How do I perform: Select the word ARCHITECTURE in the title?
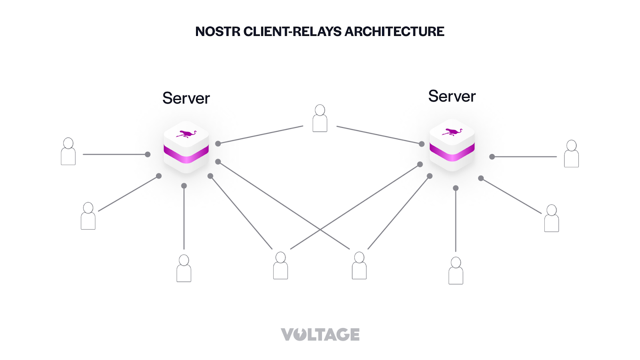pyautogui.click(x=394, y=32)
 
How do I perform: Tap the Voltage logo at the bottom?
pyautogui.click(x=320, y=334)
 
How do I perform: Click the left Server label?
pyautogui.click(x=186, y=98)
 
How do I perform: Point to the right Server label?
pyautogui.click(x=452, y=96)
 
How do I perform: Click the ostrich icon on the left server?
pyautogui.click(x=186, y=134)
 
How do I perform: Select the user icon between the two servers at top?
pyautogui.click(x=320, y=118)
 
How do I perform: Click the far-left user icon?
pyautogui.click(x=68, y=152)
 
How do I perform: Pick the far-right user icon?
pyautogui.click(x=571, y=154)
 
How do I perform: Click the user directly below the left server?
pyautogui.click(x=184, y=268)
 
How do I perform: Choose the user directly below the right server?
pyautogui.click(x=456, y=271)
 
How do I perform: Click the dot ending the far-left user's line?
pyautogui.click(x=148, y=154)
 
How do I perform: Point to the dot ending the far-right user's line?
pyautogui.click(x=492, y=157)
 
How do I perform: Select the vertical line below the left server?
pyautogui.click(x=184, y=218)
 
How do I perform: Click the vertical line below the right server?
pyautogui.click(x=456, y=220)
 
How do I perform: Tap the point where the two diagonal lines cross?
pyautogui.click(x=320, y=230)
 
